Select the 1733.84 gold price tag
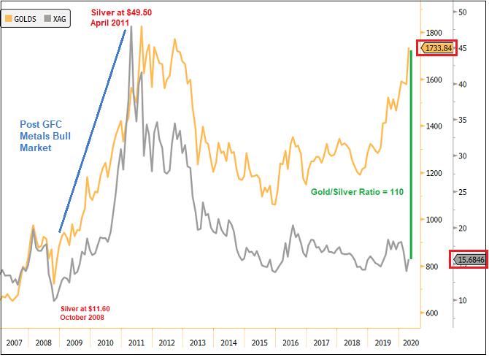437,48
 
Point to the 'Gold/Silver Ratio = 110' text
355,192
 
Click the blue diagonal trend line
91,131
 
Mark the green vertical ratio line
411,153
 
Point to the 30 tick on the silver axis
462,156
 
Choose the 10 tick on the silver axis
462,299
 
